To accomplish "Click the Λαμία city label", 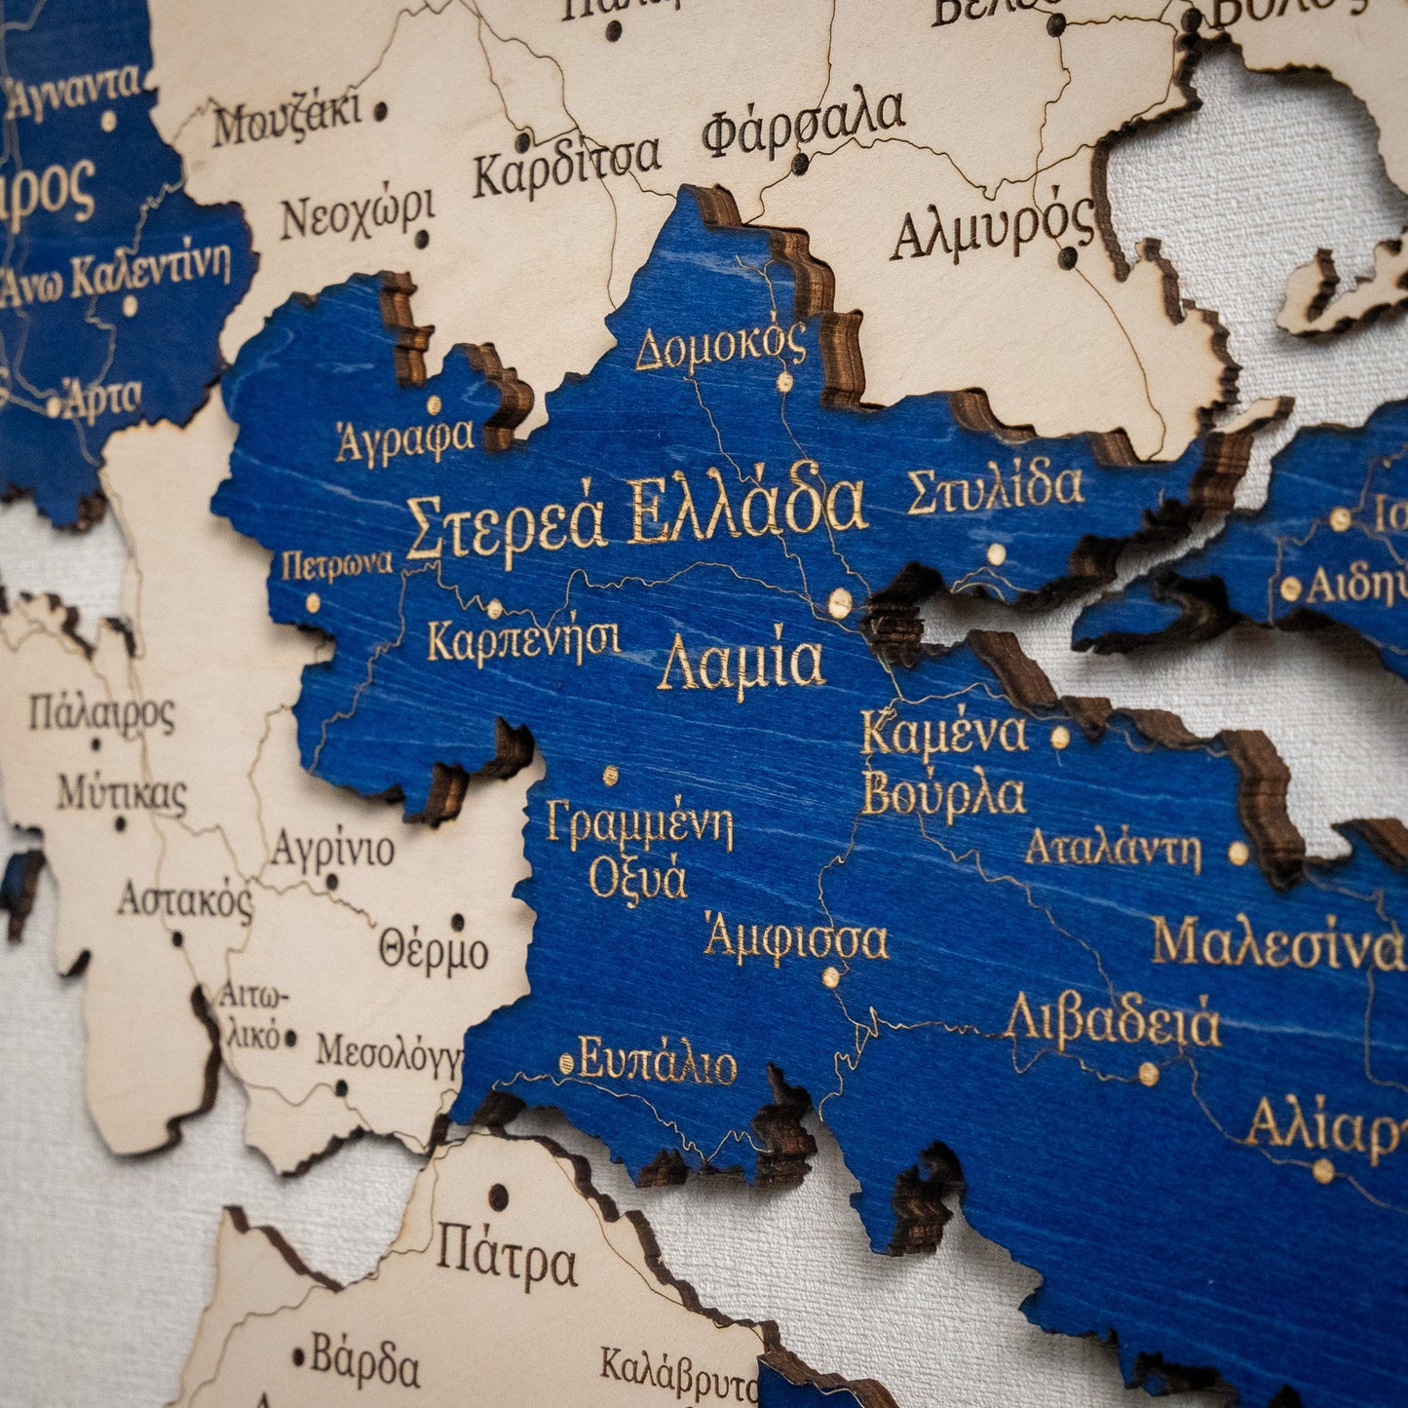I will pos(742,665).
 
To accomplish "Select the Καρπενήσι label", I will pos(523,641).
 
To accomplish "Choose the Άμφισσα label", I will pos(796,940).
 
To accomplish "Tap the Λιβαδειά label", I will pos(1112,1020).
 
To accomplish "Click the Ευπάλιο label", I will pos(658,1062).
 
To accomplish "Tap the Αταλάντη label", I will pos(1112,851).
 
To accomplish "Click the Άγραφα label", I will pos(405,440).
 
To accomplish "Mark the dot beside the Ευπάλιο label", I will pos(567,1061).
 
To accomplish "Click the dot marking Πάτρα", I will pos(498,1196).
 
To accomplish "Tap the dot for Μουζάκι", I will pos(380,112).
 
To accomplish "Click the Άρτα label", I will pos(104,399).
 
